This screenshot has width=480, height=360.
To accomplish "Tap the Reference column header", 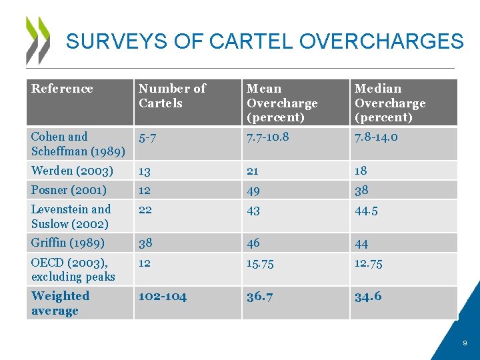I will point(62,89).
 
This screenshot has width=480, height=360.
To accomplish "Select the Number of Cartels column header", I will point(172,96).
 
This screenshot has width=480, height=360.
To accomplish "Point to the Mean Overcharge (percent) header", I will point(282,103).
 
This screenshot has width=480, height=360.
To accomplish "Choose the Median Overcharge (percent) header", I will point(390,103).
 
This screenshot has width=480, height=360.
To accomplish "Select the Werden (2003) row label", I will point(72,171).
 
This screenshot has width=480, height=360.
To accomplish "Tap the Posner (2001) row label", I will point(69,190).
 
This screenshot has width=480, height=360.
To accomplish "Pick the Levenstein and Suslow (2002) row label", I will point(71,217).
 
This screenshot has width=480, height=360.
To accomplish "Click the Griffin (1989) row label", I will point(67,243).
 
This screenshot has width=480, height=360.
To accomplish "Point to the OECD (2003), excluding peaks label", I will point(73,269).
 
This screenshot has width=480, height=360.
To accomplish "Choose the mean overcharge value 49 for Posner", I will point(254,190).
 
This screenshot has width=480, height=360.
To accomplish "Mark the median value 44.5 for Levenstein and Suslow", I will point(367,210).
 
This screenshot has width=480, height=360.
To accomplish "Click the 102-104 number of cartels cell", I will point(163,296).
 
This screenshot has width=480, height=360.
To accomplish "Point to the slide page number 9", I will point(465,343).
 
